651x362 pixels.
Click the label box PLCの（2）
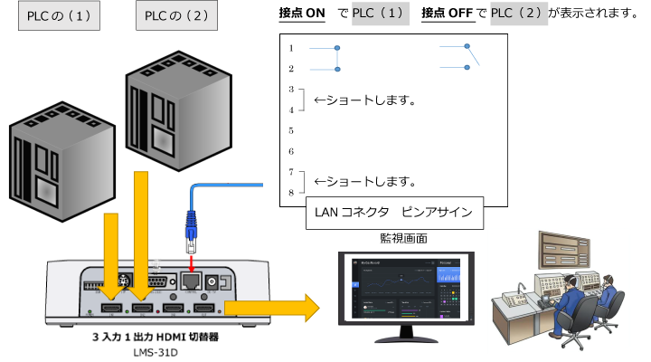[176, 16]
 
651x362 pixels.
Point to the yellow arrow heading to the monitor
[271, 308]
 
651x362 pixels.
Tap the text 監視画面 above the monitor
[403, 239]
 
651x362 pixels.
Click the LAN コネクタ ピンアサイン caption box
[393, 214]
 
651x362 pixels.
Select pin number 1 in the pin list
[291, 47]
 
